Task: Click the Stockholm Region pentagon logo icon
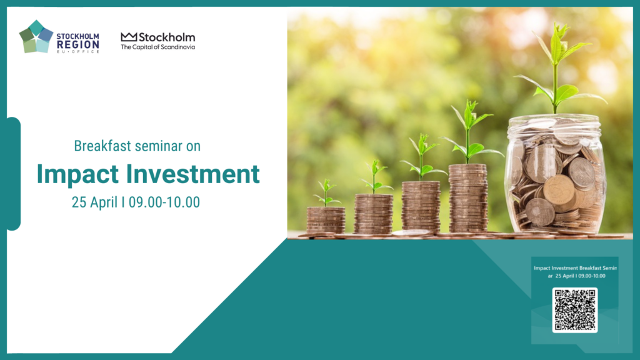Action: point(36,37)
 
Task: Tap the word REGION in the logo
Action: point(78,44)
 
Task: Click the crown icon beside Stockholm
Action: point(129,37)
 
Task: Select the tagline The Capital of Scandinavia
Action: point(158,47)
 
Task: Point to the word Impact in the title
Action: point(77,174)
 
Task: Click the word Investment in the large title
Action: point(192,174)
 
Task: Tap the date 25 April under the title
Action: point(95,202)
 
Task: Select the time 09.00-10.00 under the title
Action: point(164,202)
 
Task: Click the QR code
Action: point(575,310)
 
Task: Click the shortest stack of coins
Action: point(326,221)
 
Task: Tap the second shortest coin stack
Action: point(374,214)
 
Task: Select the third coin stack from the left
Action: point(421,207)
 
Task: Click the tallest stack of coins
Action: point(467,199)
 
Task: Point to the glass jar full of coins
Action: point(555,175)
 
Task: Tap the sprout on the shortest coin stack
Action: point(326,193)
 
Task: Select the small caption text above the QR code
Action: point(576,272)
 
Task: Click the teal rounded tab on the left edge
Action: point(14,174)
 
